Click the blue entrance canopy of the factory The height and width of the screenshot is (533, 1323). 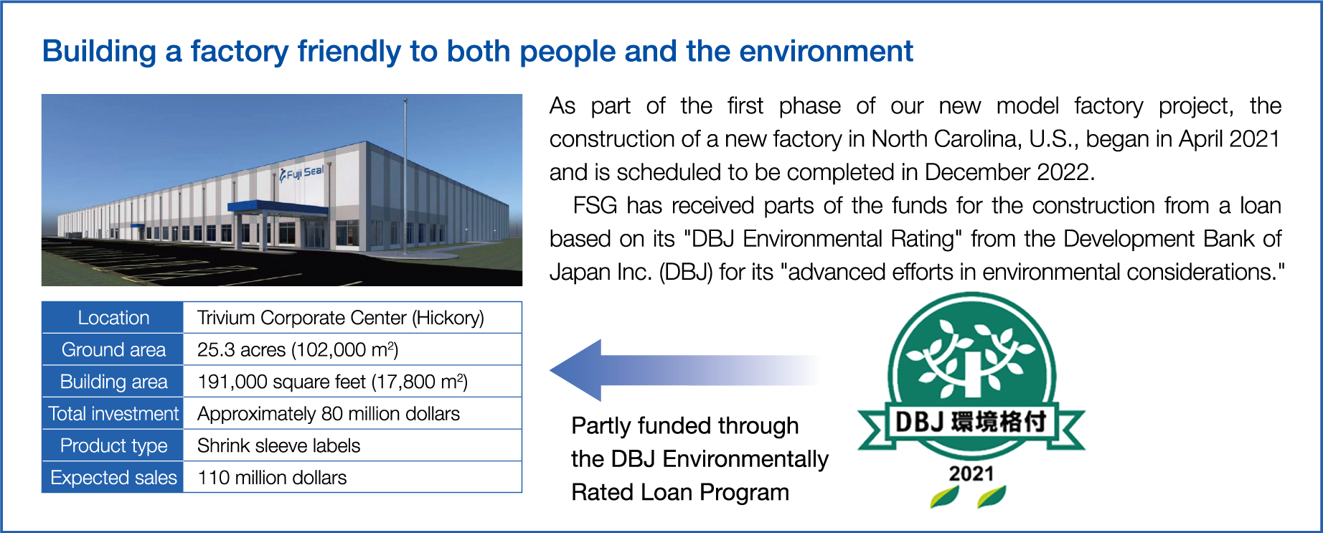pos(278,207)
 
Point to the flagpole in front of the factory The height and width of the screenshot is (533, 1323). pos(405,172)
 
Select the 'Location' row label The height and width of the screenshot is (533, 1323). pos(113,318)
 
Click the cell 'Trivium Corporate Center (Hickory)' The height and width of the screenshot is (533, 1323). pos(341,318)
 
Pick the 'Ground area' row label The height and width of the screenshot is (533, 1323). pos(113,349)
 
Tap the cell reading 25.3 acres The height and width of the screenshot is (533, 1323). pos(298,349)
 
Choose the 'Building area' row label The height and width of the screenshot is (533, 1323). pos(113,382)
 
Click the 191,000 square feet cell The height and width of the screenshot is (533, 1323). pos(332,382)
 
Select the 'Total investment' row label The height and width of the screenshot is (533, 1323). pos(113,414)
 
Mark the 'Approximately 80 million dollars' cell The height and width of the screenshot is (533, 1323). pos(329,414)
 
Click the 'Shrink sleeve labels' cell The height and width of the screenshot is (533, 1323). pos(279,445)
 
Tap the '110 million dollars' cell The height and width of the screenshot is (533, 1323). pos(272,478)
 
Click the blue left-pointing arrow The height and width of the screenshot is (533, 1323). pos(685,370)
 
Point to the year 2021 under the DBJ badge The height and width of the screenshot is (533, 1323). pos(971,473)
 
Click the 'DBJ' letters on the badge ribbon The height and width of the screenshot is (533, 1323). pos(919,421)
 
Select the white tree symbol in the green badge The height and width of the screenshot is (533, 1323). pos(971,357)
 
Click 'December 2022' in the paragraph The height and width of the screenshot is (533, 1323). pos(1007,172)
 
